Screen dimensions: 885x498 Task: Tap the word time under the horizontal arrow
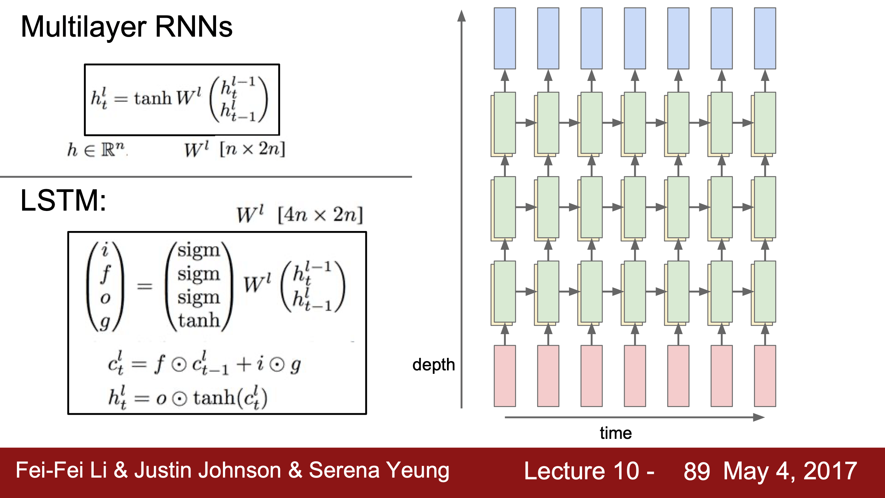pyautogui.click(x=616, y=433)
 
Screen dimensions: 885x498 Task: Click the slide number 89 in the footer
pyautogui.click(x=697, y=471)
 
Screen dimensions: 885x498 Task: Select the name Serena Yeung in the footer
pyautogui.click(x=379, y=471)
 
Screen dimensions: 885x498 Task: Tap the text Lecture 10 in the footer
pyautogui.click(x=581, y=471)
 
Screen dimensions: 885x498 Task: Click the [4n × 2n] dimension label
pyautogui.click(x=320, y=215)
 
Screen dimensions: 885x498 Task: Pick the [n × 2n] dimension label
pyautogui.click(x=252, y=149)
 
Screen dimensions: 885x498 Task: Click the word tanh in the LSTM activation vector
pyautogui.click(x=199, y=320)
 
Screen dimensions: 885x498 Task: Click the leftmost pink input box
pyautogui.click(x=505, y=376)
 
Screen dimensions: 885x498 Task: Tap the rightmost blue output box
pyautogui.click(x=765, y=38)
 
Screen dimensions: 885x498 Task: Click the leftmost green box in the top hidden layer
pyautogui.click(x=505, y=123)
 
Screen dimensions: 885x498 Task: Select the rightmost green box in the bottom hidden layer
pyautogui.click(x=765, y=292)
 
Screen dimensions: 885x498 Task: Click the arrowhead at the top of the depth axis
pyautogui.click(x=462, y=15)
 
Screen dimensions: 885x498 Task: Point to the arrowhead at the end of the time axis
pyautogui.click(x=759, y=417)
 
